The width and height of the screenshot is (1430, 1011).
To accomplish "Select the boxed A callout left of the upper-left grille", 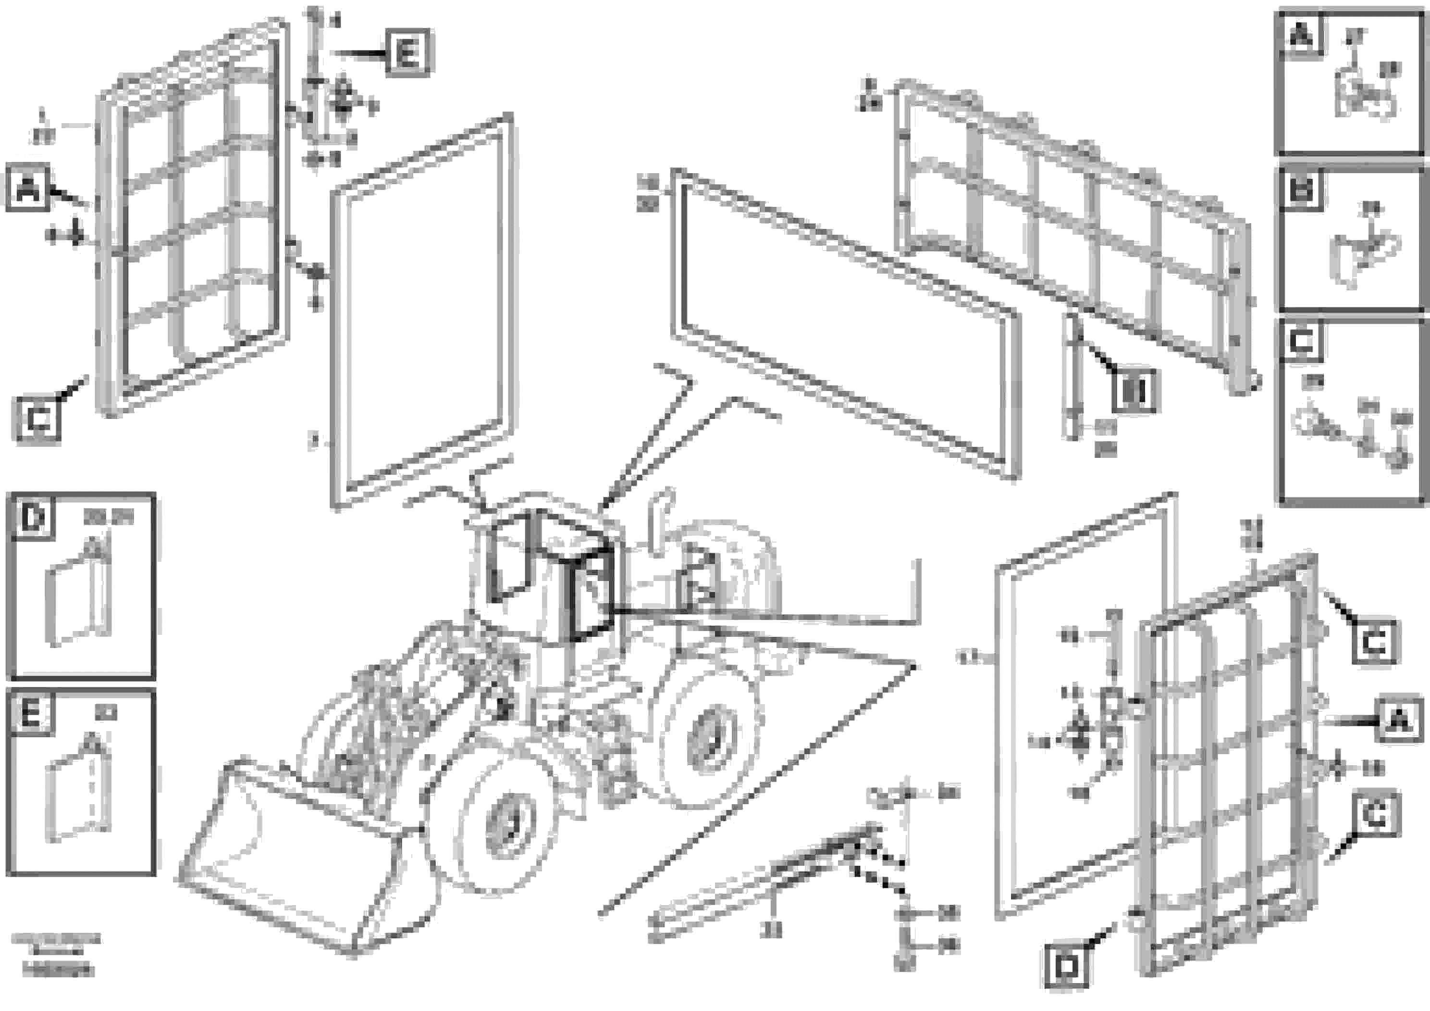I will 27,188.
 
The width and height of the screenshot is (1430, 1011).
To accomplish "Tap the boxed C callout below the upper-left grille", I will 38,418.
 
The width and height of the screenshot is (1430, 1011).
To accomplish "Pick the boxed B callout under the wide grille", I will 1133,392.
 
